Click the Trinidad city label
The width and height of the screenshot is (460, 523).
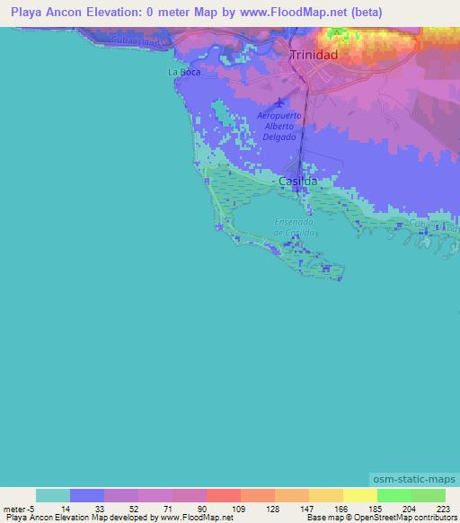tap(314, 56)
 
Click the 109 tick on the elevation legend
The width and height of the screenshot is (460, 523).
tap(238, 508)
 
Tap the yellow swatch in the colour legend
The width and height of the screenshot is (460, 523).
tap(359, 495)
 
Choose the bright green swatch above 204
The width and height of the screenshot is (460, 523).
tap(394, 495)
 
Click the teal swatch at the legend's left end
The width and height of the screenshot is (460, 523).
tap(52, 495)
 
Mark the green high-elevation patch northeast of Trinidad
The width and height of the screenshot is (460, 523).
tap(339, 36)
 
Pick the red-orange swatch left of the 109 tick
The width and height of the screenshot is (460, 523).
tap(223, 495)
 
